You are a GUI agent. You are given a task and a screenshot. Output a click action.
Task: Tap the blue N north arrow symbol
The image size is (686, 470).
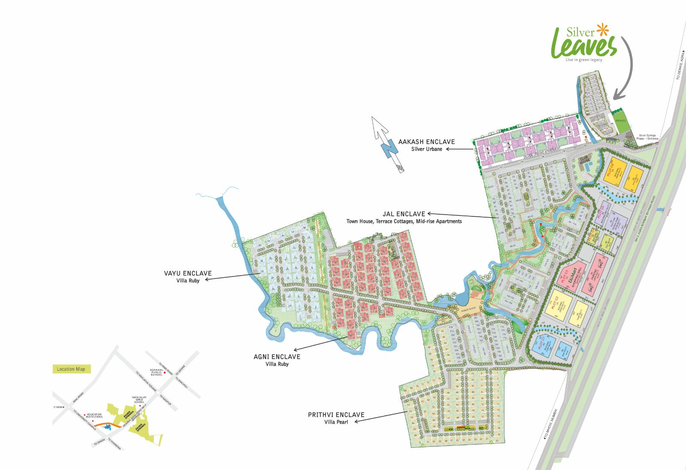(389, 149)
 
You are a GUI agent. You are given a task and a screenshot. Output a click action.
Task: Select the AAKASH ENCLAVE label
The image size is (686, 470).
(426, 142)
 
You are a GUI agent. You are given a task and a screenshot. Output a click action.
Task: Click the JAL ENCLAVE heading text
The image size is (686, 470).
(404, 214)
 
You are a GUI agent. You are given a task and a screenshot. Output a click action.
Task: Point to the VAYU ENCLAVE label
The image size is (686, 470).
(188, 273)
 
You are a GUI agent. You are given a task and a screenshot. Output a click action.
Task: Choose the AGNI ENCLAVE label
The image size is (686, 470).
(277, 357)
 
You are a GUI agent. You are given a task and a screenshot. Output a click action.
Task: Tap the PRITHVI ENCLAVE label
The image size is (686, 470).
(336, 415)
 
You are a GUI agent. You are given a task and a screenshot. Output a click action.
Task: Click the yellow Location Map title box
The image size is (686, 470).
(71, 369)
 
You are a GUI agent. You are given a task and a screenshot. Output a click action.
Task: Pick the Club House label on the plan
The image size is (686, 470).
(585, 160)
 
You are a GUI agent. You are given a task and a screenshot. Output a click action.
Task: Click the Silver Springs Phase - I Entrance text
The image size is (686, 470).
(647, 137)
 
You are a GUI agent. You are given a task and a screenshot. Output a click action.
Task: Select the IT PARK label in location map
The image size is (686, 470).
(58, 407)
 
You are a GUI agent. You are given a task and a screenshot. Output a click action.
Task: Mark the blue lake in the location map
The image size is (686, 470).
(107, 428)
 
